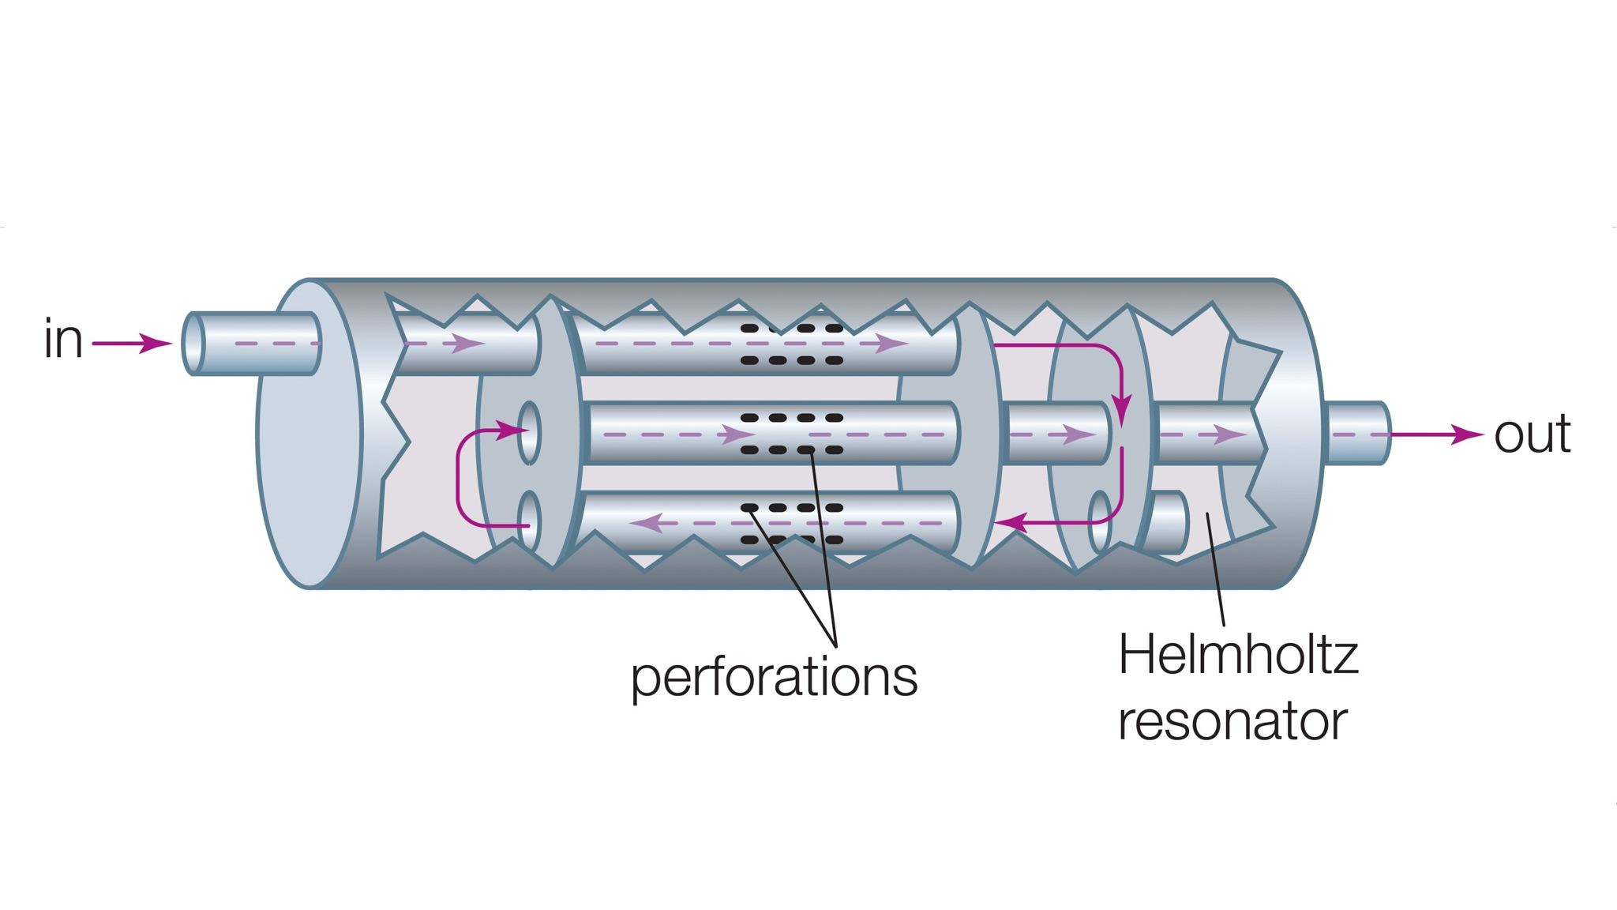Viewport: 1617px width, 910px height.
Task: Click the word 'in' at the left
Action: point(63,340)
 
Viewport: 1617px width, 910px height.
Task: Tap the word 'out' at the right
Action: point(1532,434)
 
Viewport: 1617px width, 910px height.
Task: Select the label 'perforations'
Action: point(774,677)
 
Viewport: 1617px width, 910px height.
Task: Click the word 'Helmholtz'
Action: point(1238,655)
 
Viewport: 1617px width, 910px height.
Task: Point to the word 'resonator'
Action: point(1232,721)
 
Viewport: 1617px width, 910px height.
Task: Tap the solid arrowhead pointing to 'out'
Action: point(1469,434)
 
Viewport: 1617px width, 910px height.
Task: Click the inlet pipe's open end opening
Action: point(193,344)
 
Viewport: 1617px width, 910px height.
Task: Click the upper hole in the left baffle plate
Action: point(529,433)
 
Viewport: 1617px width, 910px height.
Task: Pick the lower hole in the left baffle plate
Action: point(529,521)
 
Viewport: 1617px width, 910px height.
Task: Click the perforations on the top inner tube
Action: point(792,344)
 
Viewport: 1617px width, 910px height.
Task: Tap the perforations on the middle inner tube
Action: point(792,434)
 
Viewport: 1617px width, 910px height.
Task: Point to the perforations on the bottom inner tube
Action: point(792,524)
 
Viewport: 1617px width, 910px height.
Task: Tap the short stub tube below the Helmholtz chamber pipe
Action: point(1169,522)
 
